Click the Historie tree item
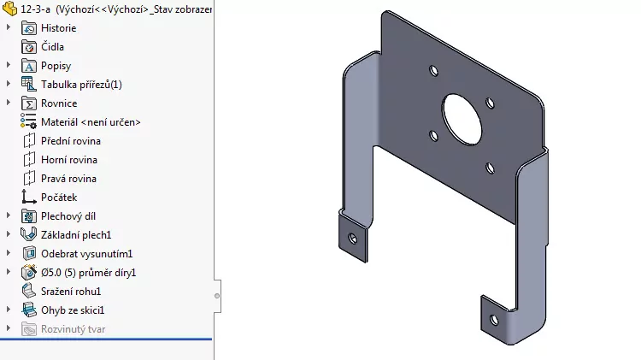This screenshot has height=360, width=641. (x=58, y=28)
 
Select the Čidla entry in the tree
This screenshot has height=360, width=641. (x=52, y=47)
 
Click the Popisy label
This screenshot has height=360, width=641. (x=56, y=66)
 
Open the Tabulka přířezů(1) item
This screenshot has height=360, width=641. (x=81, y=85)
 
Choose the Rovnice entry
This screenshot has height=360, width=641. (x=58, y=103)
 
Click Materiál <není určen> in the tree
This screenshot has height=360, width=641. (x=91, y=122)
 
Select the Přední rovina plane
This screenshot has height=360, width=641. (x=70, y=141)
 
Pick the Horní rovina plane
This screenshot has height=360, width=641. (x=68, y=160)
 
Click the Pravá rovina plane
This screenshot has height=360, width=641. (x=68, y=179)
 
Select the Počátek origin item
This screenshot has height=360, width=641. (x=58, y=198)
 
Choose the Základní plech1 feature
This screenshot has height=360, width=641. (x=76, y=234)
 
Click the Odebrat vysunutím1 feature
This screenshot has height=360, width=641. (x=86, y=254)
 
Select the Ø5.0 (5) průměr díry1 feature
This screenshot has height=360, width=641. (x=89, y=273)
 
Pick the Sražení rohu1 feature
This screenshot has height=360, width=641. (x=71, y=292)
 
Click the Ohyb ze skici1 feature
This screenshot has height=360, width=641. (x=73, y=310)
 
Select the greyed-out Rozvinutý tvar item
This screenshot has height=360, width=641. (x=74, y=329)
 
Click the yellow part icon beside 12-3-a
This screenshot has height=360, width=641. (x=10, y=9)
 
